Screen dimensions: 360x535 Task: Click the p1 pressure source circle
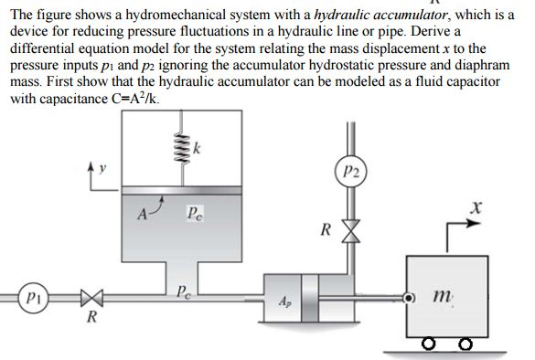click(30, 300)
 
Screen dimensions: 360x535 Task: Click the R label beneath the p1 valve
click(89, 320)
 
